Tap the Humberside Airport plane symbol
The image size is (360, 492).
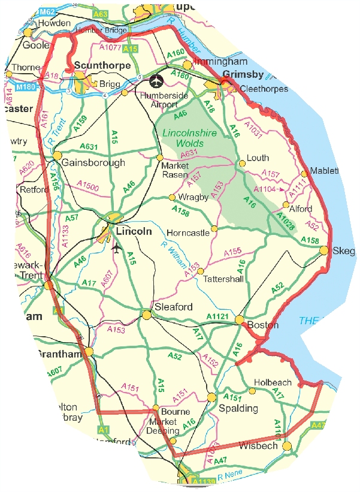coord(158,80)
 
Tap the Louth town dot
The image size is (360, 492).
coord(242,162)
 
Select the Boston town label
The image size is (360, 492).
coord(263,325)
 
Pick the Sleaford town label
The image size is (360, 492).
coord(174,307)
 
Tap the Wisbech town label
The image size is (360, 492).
coord(259,446)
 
